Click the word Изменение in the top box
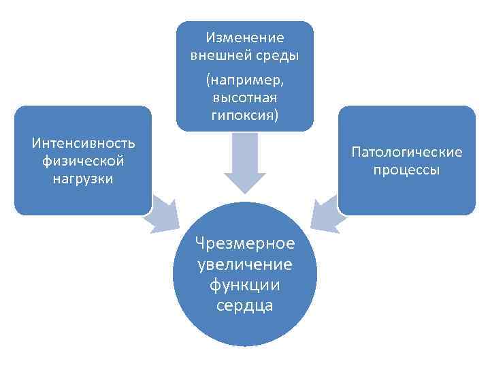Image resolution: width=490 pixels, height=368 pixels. coord(245,37)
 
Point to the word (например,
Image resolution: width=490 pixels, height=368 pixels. coord(245,80)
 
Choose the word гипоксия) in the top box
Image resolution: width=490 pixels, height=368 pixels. coord(245,114)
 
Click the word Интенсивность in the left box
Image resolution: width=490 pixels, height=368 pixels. coord(83,144)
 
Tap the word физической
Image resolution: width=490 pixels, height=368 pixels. coord(83,162)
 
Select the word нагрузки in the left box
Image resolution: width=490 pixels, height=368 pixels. coord(83,179)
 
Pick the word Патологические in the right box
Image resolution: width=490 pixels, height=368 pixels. coord(406,152)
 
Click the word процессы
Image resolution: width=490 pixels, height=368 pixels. coord(406,170)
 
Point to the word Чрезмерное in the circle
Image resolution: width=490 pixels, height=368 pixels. coord(245,243)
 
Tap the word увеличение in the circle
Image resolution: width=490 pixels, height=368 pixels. coord(245,264)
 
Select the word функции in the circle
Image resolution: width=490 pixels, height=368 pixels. coord(245,284)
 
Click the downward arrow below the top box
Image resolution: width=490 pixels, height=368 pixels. coord(245,164)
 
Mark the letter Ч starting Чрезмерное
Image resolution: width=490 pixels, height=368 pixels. coord(199,243)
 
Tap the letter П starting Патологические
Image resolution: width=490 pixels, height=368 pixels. coord(356,152)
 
